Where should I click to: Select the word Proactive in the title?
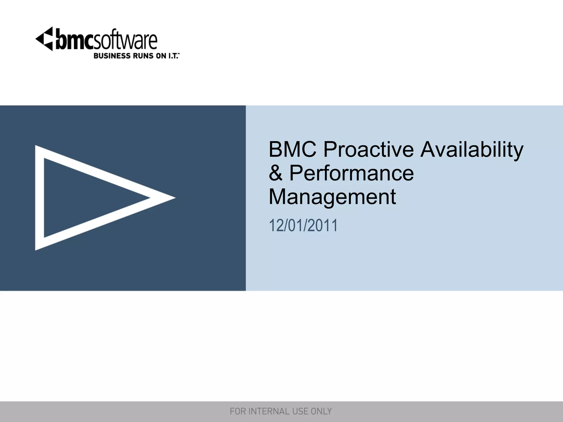click(x=368, y=149)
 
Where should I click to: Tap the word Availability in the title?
click(x=472, y=150)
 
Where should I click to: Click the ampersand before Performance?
click(x=275, y=173)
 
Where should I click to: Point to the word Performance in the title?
click(x=351, y=173)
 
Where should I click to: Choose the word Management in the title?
click(x=332, y=197)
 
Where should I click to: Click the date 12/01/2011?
click(x=303, y=226)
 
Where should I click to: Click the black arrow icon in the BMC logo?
click(x=45, y=39)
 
